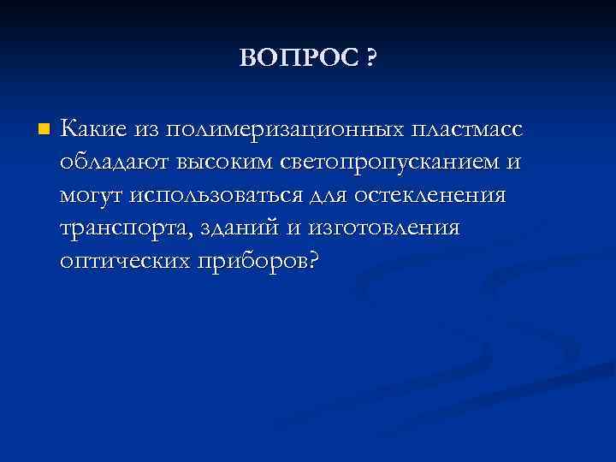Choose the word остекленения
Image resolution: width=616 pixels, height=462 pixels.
pos(435,196)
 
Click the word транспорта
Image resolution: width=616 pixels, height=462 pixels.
pos(115,228)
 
